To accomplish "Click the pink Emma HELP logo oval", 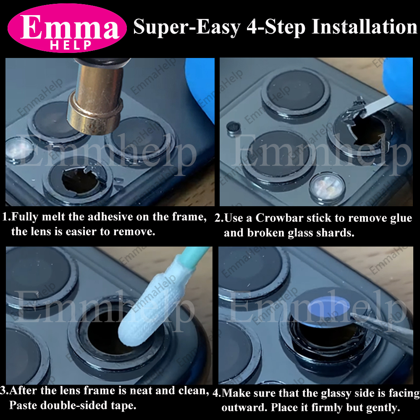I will [x=67, y=29].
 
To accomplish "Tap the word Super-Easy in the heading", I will [x=186, y=27].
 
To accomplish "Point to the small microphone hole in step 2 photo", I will [x=232, y=128].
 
